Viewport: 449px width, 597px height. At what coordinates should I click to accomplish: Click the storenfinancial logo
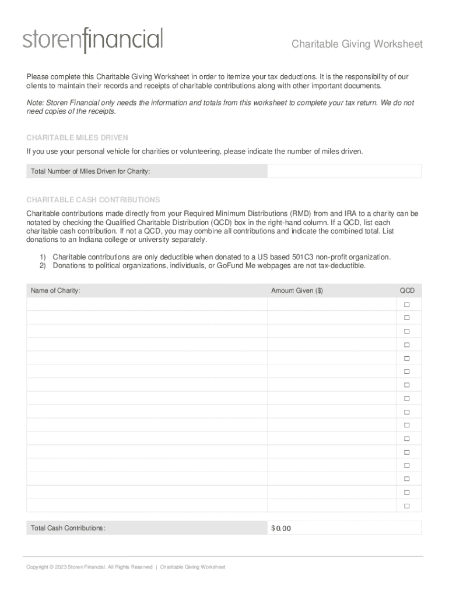93,40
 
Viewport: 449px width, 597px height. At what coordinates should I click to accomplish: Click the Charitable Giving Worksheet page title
357,45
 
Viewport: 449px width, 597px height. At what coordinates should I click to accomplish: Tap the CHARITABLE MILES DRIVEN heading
77,138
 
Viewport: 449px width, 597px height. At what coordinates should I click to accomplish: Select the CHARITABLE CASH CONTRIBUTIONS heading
93,199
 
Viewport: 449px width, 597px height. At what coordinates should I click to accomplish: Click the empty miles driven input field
344,171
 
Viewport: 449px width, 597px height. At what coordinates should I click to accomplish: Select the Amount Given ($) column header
297,290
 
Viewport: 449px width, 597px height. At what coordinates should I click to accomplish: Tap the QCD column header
406,290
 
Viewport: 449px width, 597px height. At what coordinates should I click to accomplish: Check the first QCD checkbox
407,305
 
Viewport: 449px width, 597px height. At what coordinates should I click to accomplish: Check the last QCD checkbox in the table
407,505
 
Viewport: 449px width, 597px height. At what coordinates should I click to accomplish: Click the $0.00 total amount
281,528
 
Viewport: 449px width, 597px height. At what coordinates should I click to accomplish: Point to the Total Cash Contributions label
68,528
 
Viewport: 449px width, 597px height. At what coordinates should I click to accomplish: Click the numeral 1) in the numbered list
43,257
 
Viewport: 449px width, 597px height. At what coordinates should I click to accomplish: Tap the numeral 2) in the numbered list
43,265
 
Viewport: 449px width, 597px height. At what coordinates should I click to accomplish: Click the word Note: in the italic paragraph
35,103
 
